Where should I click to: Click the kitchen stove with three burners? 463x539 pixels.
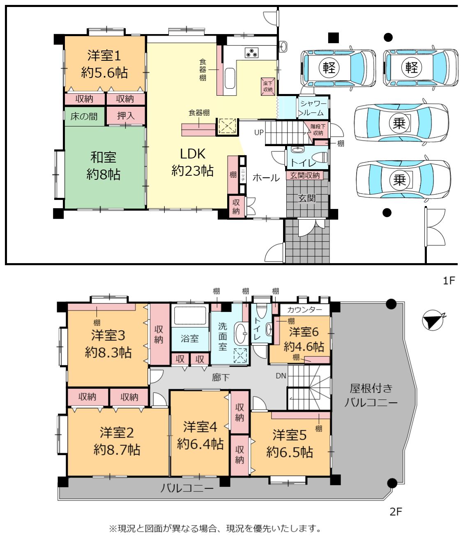point(251,53)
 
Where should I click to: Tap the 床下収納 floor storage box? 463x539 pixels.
point(268,87)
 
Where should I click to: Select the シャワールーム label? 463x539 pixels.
point(313,108)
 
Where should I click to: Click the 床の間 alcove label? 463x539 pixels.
point(84,116)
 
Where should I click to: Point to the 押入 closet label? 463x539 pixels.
point(126,115)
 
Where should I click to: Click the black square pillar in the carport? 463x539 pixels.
point(334,38)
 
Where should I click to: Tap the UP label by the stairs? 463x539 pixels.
point(259,133)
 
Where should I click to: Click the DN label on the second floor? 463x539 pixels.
point(281,376)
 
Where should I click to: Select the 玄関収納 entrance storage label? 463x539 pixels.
point(305,176)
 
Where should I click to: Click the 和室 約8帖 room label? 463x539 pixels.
point(104,166)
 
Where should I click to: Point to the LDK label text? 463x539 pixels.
point(193,154)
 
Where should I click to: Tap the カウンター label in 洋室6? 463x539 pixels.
point(304,310)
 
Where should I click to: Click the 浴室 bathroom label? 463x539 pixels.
point(190,339)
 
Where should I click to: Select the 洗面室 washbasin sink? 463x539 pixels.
point(242,334)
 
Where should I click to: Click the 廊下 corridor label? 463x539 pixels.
point(221,377)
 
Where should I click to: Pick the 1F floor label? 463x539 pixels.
point(449,280)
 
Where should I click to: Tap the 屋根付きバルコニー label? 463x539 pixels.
point(371,395)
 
